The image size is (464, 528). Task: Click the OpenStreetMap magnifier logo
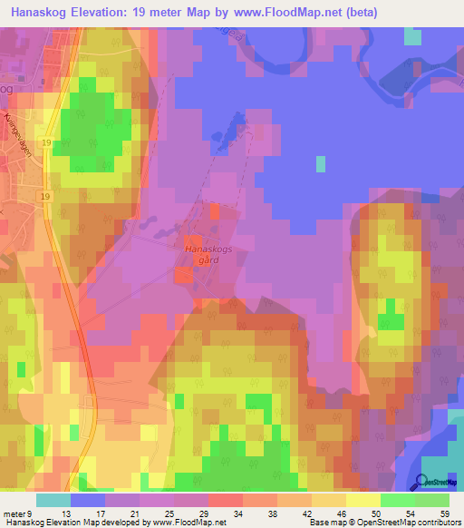[x=423, y=483]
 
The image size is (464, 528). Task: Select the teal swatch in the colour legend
[x=53, y=500]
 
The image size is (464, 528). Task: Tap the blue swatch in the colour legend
[x=88, y=500]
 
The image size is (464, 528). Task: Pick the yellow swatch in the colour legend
[x=363, y=500]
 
